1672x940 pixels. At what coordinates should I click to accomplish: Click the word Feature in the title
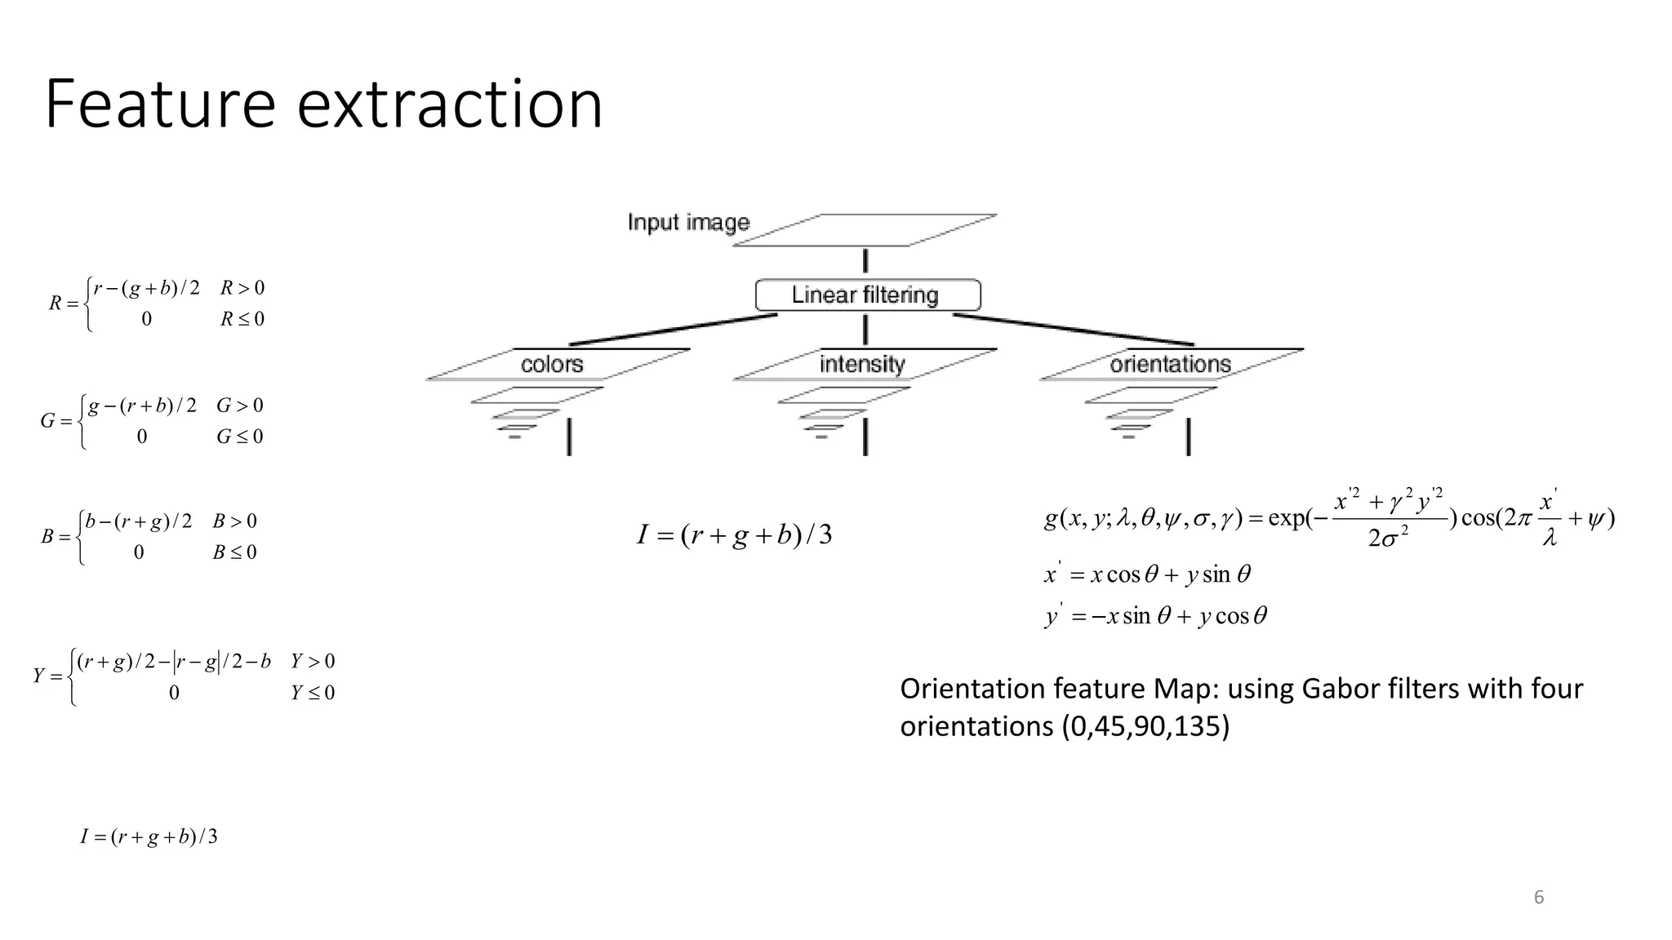coord(160,104)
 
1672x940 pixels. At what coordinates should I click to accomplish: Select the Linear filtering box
coord(867,295)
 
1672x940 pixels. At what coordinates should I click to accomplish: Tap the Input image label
coord(688,222)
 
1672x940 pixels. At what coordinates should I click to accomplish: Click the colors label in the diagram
coord(552,364)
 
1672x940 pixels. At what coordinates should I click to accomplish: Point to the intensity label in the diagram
coord(862,364)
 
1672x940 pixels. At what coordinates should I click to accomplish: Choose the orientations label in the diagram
coord(1169,364)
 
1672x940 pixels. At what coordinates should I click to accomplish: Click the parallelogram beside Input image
coord(865,230)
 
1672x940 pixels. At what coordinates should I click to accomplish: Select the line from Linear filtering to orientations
coord(1074,330)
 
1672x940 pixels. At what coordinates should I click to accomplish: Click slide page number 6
coord(1539,898)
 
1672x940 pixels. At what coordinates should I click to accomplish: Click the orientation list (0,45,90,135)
coord(1145,725)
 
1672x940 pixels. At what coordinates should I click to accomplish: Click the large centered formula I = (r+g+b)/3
coord(734,535)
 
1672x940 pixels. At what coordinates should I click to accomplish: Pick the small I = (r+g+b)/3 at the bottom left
coord(149,836)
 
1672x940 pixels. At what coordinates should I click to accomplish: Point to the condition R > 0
coord(242,288)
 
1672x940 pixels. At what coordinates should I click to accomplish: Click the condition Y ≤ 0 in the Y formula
coord(313,693)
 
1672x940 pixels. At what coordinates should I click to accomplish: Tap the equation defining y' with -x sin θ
coord(1155,615)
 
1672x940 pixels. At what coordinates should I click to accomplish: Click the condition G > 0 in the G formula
coord(239,406)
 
